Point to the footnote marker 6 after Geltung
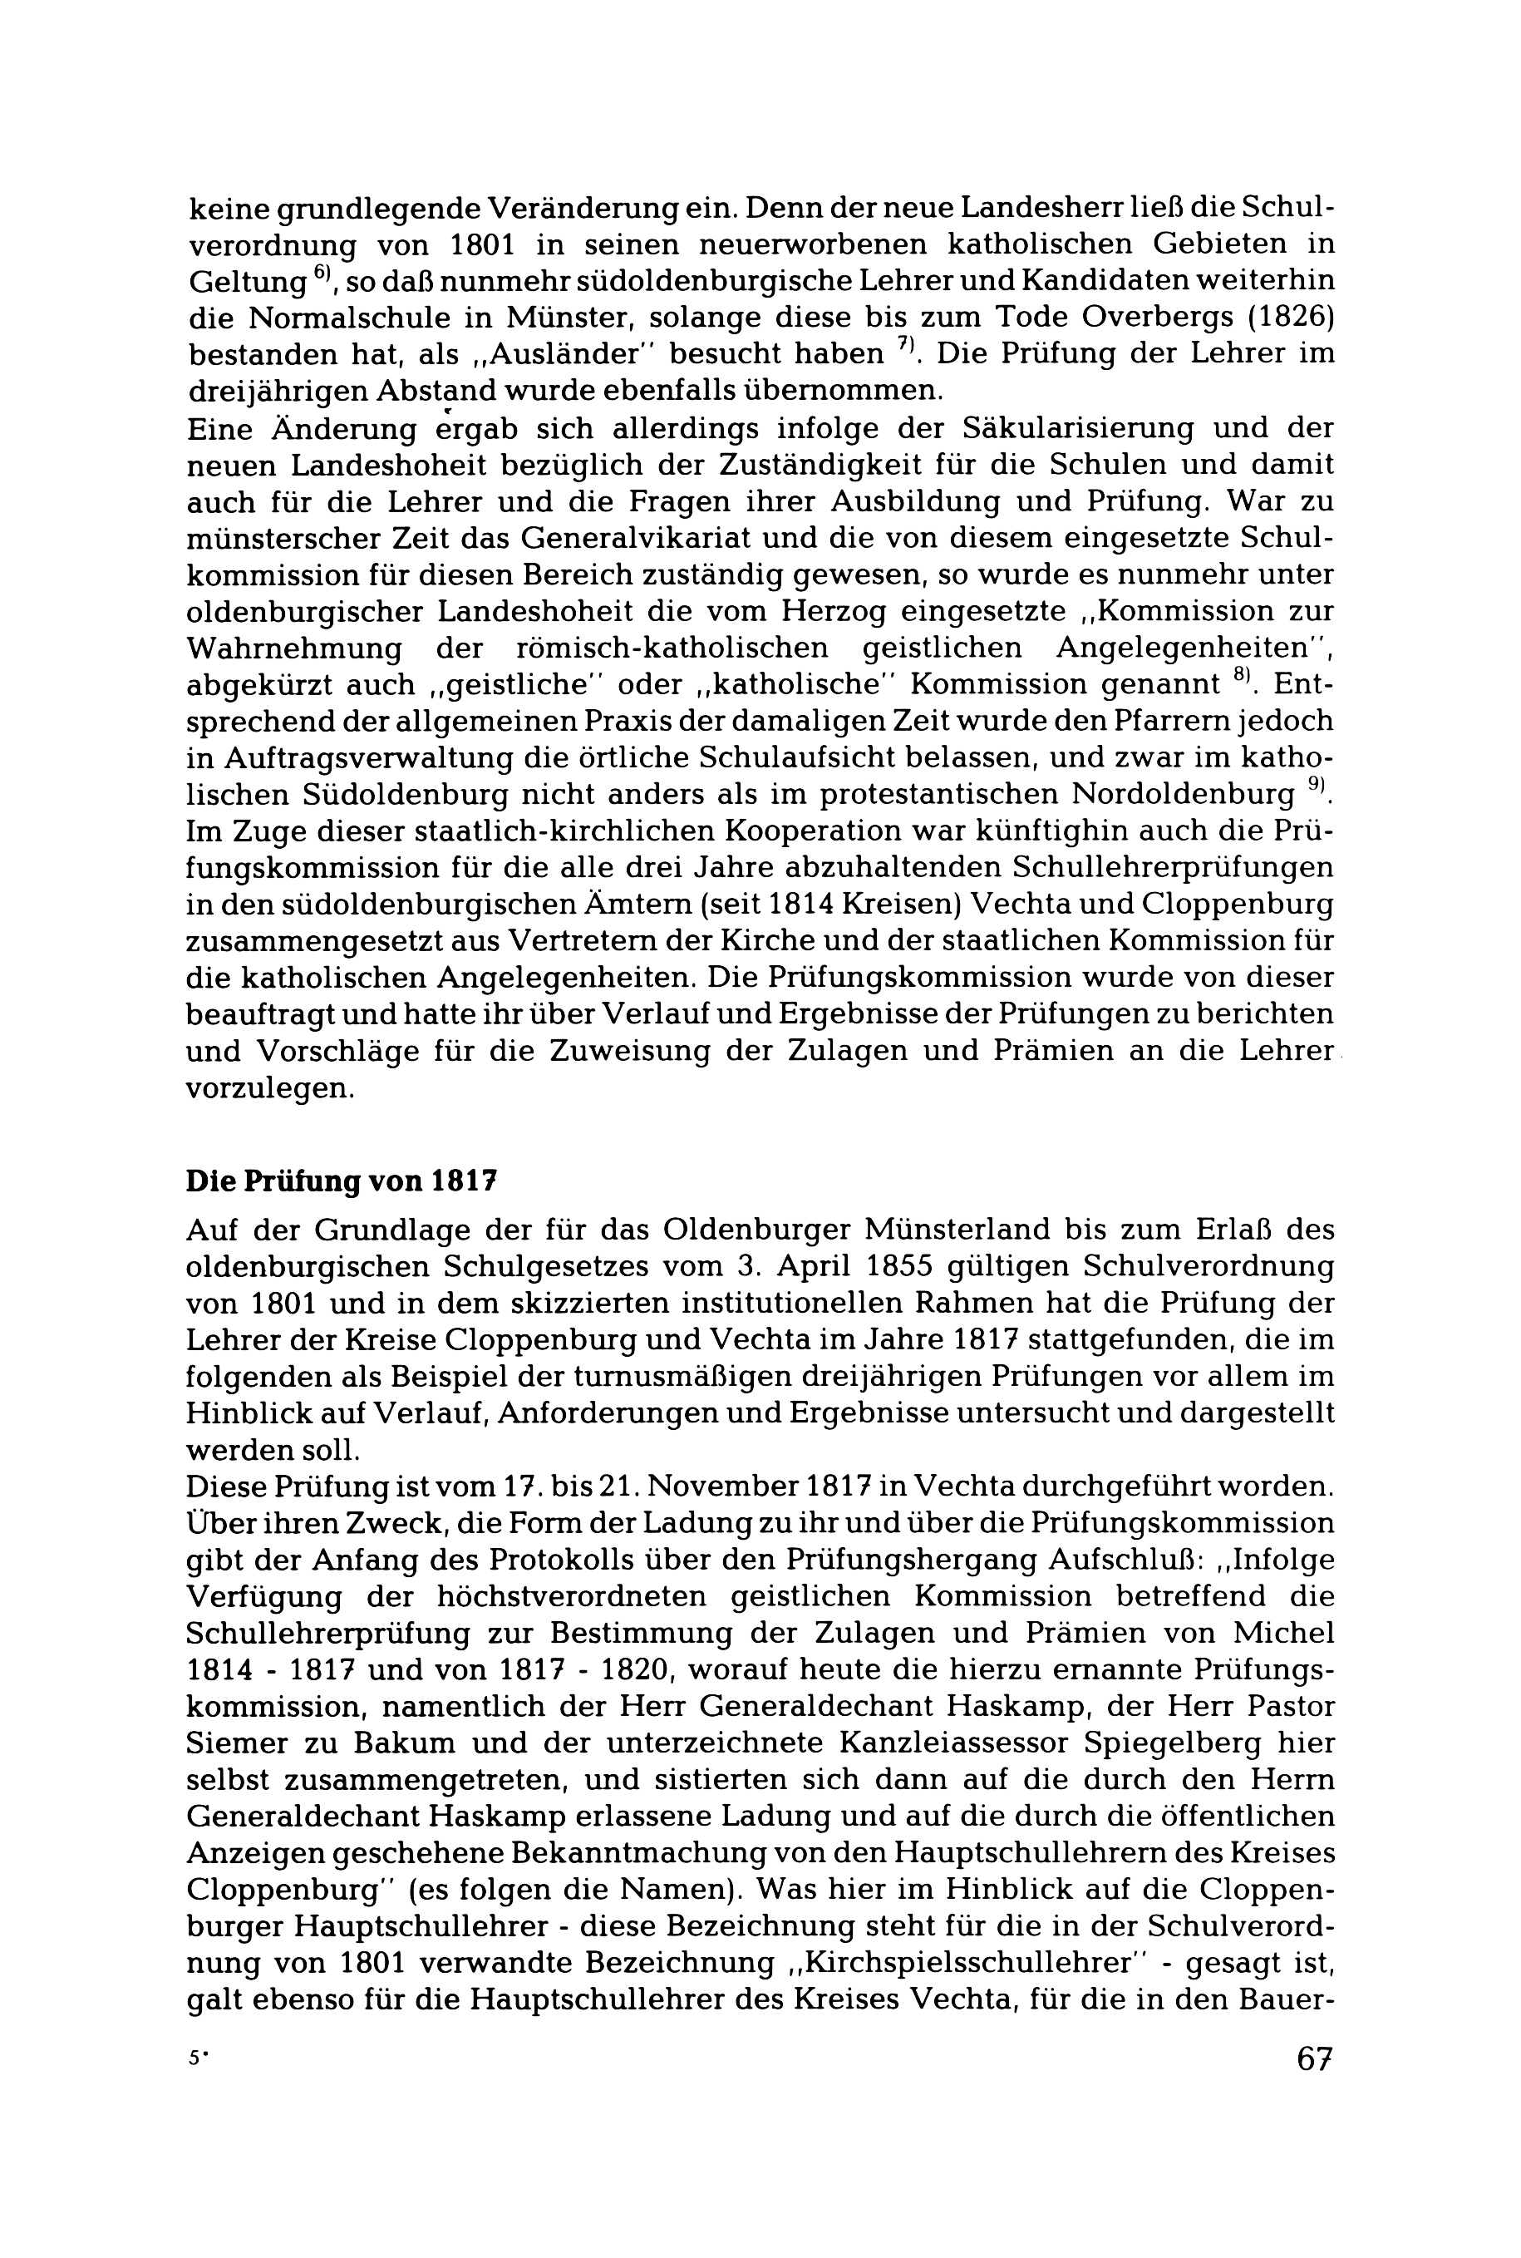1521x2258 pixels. (323, 274)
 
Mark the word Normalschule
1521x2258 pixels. (348, 318)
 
